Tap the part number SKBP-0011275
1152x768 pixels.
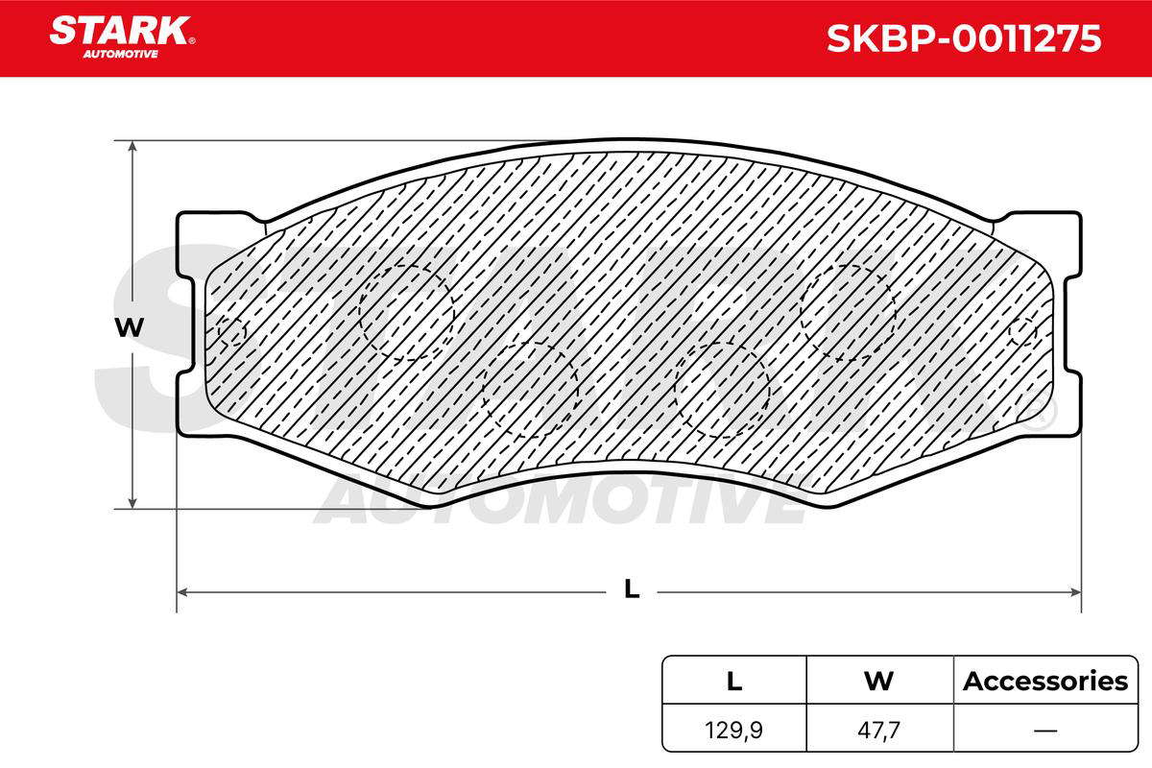[964, 38]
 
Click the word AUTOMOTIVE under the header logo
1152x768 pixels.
[120, 54]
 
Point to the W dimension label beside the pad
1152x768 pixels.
[130, 327]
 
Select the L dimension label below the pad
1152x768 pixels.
[632, 589]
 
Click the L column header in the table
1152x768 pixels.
[733, 681]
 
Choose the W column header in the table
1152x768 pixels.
[878, 681]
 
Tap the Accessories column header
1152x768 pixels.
[1045, 681]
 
